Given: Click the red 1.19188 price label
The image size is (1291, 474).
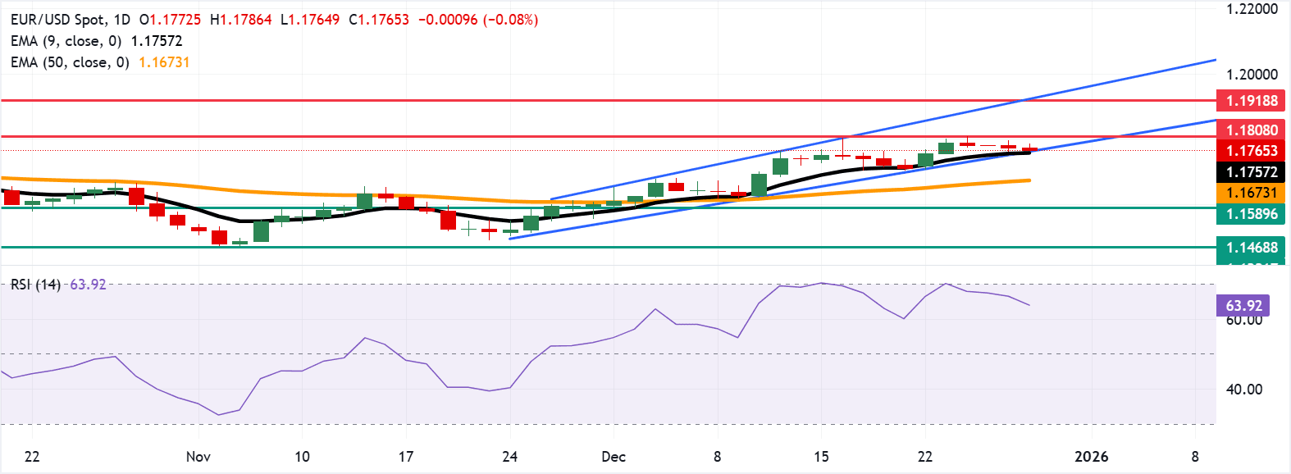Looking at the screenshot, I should (x=1251, y=101).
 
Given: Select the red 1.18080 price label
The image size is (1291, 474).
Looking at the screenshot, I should (x=1251, y=130).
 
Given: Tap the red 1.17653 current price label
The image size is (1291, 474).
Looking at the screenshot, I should (x=1251, y=151).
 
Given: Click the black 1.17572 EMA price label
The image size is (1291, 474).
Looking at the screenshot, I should (x=1251, y=172).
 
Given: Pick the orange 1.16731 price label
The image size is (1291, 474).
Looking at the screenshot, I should (x=1251, y=193).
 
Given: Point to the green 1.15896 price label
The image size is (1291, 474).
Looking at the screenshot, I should (x=1251, y=214).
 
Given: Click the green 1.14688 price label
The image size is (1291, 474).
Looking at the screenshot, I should (x=1251, y=248).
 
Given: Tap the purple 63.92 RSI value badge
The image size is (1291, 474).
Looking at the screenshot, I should (x=1243, y=306).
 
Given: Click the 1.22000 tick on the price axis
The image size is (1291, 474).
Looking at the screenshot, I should (x=1252, y=10).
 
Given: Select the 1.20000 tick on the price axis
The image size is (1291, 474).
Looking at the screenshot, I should (x=1252, y=75).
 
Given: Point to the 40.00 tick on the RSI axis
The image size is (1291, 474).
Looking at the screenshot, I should (x=1243, y=390).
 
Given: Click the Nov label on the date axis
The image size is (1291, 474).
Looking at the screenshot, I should (x=198, y=457).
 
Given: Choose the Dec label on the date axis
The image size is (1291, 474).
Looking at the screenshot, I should (x=614, y=457).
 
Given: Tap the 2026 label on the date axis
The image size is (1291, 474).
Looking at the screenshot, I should (x=1091, y=457).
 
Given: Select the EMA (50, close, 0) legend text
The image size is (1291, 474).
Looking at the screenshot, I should (x=70, y=62).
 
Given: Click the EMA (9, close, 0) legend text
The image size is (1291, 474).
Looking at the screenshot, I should (x=66, y=41).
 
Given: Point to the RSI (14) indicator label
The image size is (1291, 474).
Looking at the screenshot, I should (x=35, y=285).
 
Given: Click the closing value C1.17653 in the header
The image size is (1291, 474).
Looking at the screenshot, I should (x=379, y=20).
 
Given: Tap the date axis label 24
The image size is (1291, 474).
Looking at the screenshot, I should (x=509, y=457).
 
